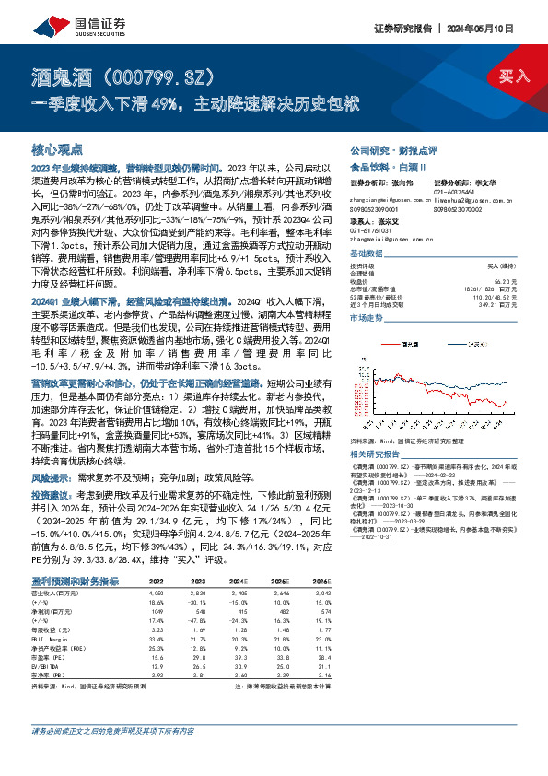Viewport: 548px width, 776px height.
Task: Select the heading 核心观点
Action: tap(57, 147)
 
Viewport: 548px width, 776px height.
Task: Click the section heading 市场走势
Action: tap(367, 316)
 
